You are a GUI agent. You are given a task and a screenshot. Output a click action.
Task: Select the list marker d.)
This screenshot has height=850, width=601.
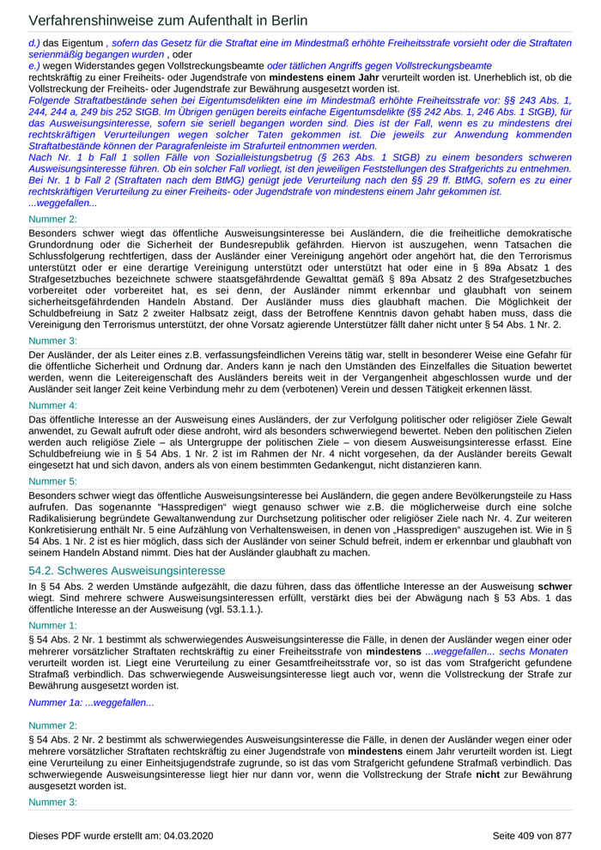coord(34,42)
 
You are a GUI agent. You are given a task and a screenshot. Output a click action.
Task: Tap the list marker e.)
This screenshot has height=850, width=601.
coord(34,65)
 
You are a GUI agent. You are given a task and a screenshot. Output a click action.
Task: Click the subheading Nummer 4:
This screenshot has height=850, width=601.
coord(53,404)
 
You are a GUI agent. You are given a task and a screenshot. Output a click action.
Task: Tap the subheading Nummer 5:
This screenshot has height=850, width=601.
coord(53,482)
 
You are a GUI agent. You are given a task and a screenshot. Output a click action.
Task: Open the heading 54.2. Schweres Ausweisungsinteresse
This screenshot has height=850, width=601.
coord(127,570)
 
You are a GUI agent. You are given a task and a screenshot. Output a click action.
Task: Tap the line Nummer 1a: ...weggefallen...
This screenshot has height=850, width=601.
coord(91,702)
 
